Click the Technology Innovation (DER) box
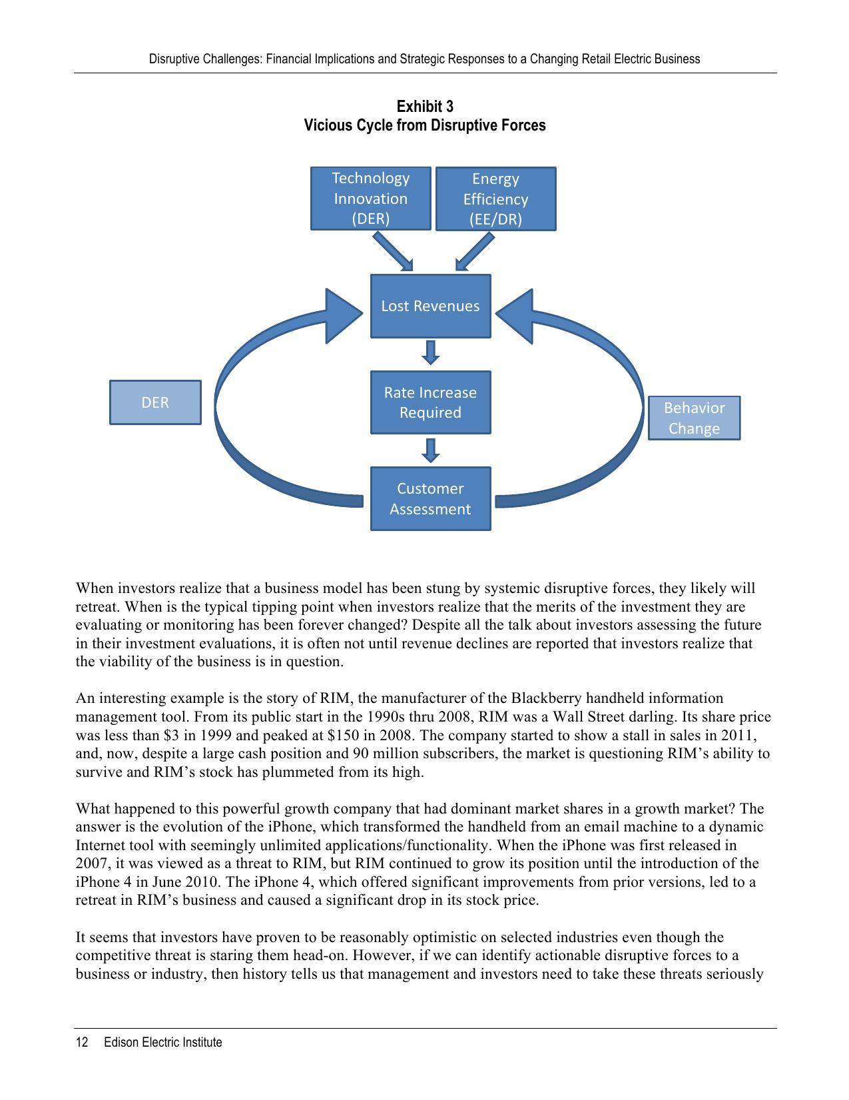[370, 199]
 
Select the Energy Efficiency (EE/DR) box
[495, 199]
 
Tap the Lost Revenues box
[430, 306]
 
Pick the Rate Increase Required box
[430, 402]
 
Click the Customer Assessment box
[430, 498]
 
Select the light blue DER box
[155, 402]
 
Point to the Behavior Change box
[694, 418]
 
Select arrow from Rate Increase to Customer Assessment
[431, 450]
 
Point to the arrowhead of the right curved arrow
[517, 316]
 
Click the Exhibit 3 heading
[425, 107]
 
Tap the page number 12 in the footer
[82, 1042]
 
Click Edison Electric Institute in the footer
[162, 1042]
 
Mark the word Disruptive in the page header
[174, 59]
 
